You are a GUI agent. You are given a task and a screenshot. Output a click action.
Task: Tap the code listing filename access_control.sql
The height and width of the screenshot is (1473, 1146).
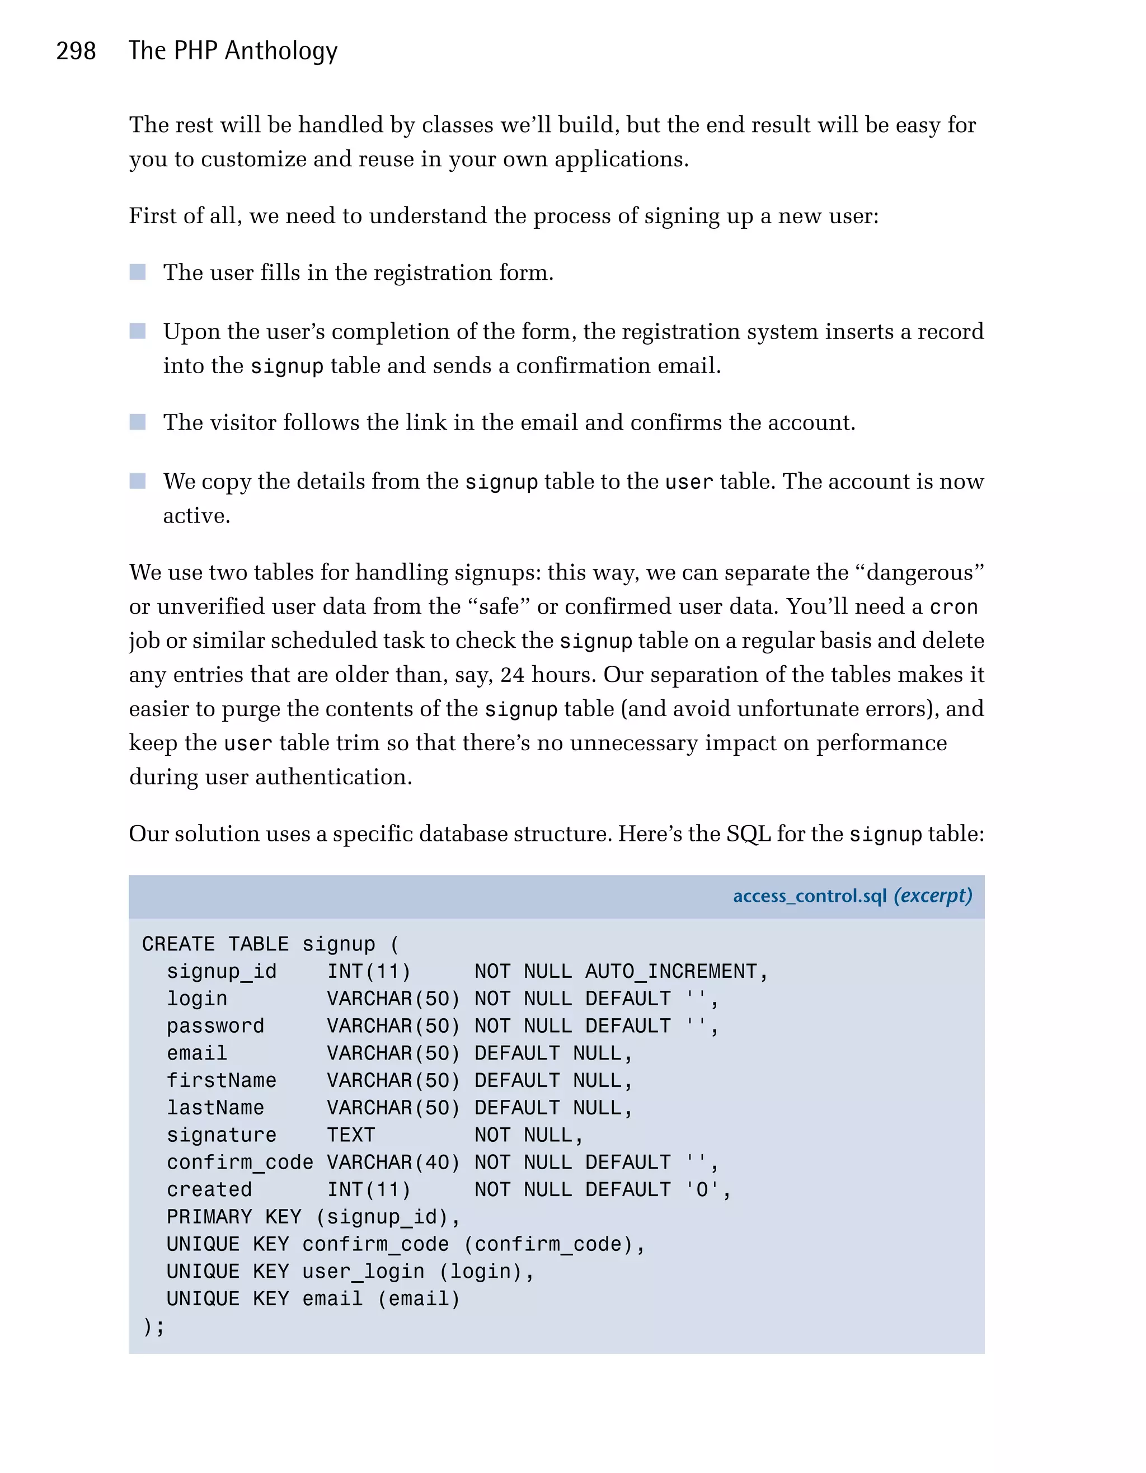click(809, 896)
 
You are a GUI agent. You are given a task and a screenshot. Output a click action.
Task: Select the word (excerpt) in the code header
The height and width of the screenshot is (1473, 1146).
click(933, 896)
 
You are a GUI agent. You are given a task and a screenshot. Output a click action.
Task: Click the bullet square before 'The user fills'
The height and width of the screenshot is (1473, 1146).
click(138, 272)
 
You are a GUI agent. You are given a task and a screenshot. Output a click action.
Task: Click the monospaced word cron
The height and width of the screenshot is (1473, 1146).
click(953, 606)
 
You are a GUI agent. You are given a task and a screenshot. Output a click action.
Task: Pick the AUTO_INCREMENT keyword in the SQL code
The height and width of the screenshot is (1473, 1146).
click(670, 971)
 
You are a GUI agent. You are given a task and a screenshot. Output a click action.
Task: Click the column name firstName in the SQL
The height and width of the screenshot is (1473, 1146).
click(221, 1080)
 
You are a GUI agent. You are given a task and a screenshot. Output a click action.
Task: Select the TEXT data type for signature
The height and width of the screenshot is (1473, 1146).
click(351, 1135)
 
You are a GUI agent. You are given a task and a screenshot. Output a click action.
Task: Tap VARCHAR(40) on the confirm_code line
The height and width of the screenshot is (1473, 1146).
click(393, 1162)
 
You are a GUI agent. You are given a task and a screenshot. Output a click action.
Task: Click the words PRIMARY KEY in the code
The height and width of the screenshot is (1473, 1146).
click(234, 1217)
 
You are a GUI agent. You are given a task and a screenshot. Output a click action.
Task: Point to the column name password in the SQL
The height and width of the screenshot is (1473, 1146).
click(215, 1026)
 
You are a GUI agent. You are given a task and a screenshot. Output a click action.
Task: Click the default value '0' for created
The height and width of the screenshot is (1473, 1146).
click(702, 1190)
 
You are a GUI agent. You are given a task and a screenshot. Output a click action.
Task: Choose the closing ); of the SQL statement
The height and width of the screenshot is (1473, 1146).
click(153, 1326)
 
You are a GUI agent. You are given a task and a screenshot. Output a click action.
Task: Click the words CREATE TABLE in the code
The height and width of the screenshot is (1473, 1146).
click(215, 944)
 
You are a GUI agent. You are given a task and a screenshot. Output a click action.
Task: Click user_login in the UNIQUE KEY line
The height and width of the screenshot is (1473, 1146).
click(363, 1272)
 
